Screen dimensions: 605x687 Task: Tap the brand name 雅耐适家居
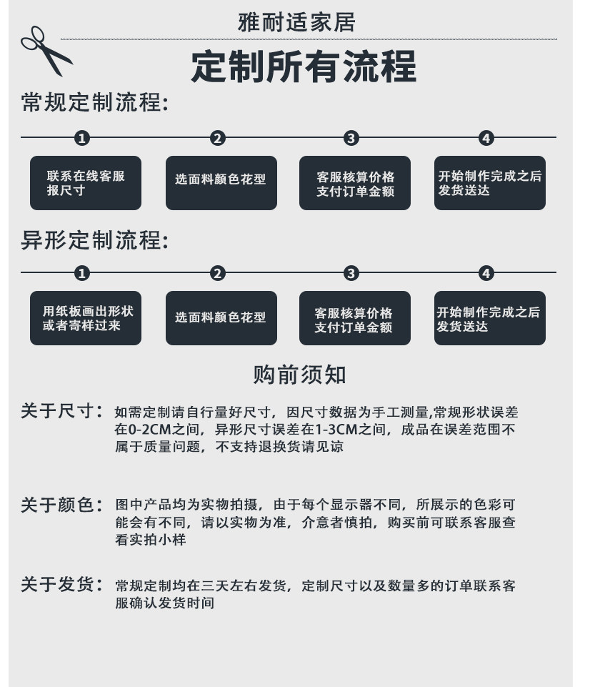pos(296,22)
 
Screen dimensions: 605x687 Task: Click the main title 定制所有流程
pos(304,67)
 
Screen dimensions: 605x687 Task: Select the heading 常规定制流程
pos(94,103)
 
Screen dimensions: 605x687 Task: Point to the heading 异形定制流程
pos(94,240)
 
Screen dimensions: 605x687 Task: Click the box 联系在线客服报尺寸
pos(86,183)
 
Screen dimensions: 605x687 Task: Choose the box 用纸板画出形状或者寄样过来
pos(86,318)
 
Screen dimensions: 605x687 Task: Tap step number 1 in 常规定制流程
pos(83,138)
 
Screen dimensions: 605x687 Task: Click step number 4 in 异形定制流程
pos(486,273)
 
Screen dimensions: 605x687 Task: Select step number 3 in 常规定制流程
pos(351,138)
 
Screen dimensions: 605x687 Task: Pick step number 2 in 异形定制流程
pos(218,273)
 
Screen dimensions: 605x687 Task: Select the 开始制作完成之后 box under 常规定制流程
pos(489,183)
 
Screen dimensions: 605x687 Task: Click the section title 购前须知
pos(299,375)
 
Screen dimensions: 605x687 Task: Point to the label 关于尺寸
pos(62,412)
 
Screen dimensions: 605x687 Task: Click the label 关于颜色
pos(62,505)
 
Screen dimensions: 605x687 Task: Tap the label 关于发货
pos(62,585)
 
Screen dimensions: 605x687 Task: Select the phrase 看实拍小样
pos(151,540)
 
